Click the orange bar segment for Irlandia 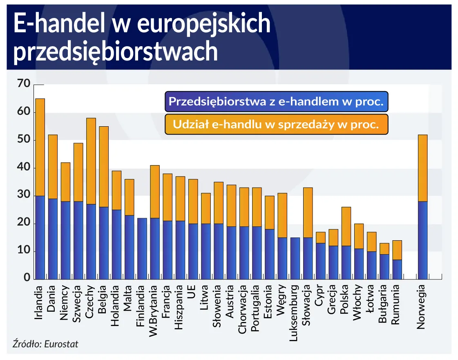[40, 147]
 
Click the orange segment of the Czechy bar [91, 161]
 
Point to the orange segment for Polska [346, 226]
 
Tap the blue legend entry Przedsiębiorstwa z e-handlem [276, 102]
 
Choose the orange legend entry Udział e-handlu [276, 125]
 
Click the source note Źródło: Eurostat [45, 344]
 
